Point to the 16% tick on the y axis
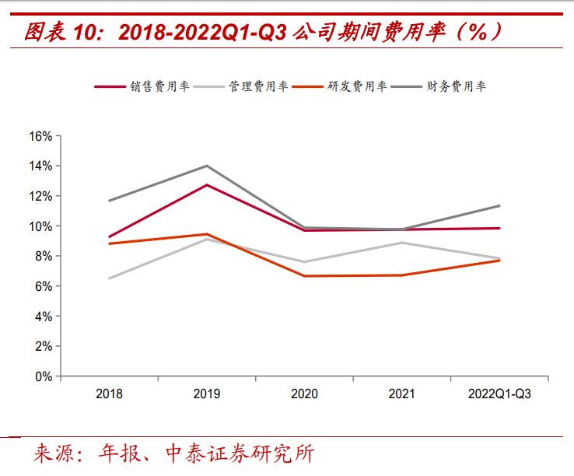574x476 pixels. coord(40,136)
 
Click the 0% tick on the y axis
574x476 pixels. coord(43,376)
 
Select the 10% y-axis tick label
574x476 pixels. coord(40,226)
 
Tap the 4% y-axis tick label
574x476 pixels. coord(43,317)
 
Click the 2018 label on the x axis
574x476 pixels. coord(109,394)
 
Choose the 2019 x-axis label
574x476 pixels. coord(207,394)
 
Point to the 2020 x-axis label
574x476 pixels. coord(304,394)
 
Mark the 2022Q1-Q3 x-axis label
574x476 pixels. coord(499,394)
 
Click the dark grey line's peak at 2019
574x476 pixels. coord(207,166)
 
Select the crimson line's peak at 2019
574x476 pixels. coord(207,185)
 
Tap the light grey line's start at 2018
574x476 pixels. coord(109,278)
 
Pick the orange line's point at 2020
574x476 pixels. coord(304,276)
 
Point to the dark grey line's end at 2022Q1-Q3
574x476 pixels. coord(499,206)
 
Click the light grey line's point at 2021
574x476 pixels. coord(402,243)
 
